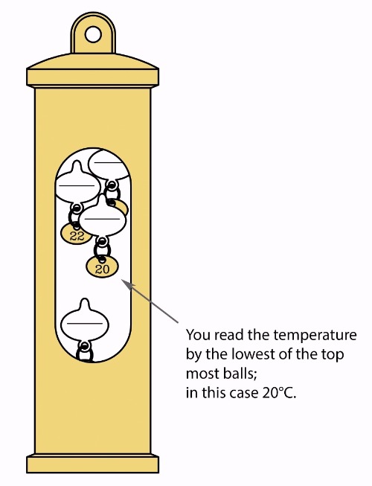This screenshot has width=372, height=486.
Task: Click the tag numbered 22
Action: pyautogui.click(x=77, y=234)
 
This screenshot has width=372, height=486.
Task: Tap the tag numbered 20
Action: pyautogui.click(x=102, y=267)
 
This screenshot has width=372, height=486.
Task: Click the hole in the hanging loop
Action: pyautogui.click(x=93, y=34)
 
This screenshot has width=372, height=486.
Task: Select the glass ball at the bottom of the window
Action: pyautogui.click(x=85, y=322)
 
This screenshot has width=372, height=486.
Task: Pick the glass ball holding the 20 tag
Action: pyautogui.click(x=103, y=217)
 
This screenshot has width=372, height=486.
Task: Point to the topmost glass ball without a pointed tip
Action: pyautogui.click(x=109, y=164)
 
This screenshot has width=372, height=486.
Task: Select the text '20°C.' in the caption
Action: pyautogui.click(x=279, y=393)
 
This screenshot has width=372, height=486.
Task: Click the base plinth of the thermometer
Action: pyautogui.click(x=92, y=464)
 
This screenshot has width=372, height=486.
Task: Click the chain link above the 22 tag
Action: pyautogui.click(x=75, y=214)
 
